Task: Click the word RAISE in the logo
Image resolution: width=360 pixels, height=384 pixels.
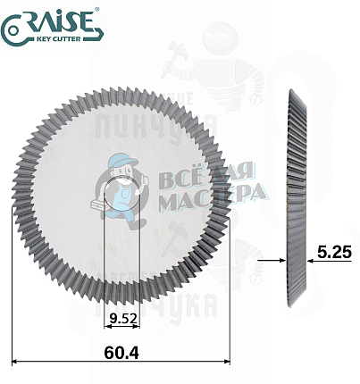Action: pos(61,22)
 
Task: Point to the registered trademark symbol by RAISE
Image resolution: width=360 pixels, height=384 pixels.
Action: pos(99,10)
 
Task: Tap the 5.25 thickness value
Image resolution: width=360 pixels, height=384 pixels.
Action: pos(334,254)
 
